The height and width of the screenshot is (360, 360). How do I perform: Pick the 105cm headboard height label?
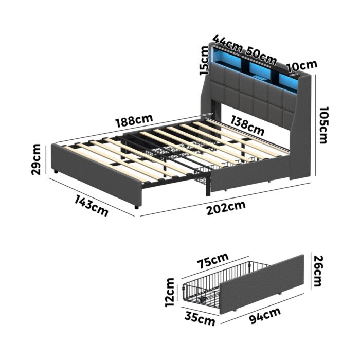pyautogui.click(x=322, y=125)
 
